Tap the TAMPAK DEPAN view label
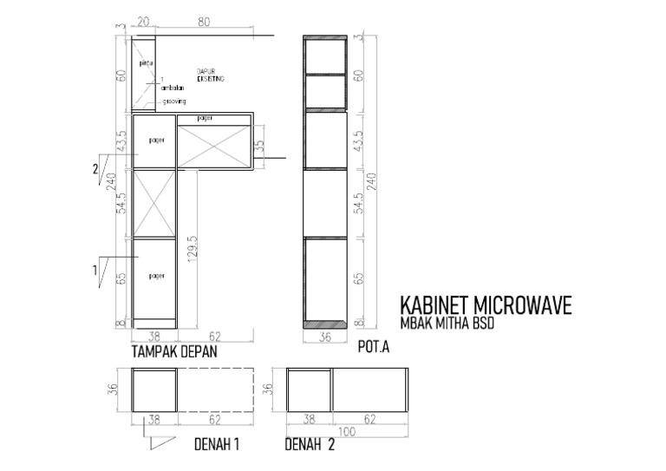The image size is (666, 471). coord(173,353)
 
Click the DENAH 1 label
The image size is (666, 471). coord(215,445)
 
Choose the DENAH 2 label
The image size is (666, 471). coord(310,445)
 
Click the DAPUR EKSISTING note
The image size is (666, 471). coord(210,75)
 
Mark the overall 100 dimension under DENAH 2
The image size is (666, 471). coord(347,431)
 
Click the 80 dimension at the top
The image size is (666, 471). coord(205,23)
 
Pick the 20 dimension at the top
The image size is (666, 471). coord(143,23)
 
